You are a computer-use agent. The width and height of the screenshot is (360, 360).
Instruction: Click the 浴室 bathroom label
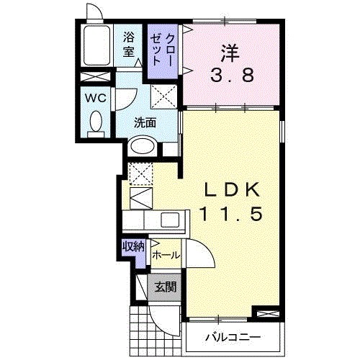pyautogui.click(x=129, y=44)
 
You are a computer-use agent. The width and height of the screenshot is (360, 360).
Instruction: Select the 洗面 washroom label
pyautogui.click(x=145, y=122)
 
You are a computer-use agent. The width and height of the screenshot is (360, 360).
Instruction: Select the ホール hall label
pyautogui.click(x=166, y=255)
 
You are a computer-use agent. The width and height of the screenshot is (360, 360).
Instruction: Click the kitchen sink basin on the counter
pyautogui.click(x=171, y=220)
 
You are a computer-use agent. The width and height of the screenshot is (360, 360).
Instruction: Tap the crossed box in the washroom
pyautogui.click(x=163, y=94)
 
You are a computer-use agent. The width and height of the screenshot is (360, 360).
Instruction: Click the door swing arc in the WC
pyautogui.click(x=124, y=99)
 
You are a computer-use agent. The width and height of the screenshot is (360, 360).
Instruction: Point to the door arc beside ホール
pyautogui.click(x=199, y=254)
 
